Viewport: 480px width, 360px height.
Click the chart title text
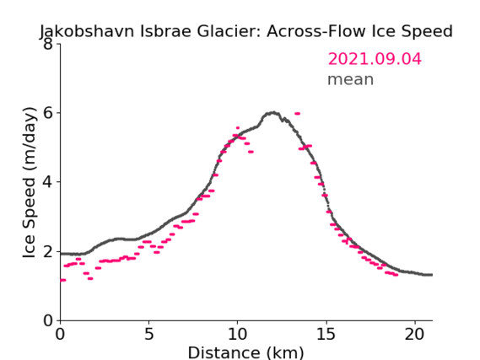pyautogui.click(x=245, y=32)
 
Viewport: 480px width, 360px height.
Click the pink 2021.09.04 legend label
pyautogui.click(x=375, y=59)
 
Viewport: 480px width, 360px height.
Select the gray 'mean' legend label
pyautogui.click(x=351, y=79)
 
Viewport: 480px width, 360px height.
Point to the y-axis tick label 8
pyautogui.click(x=48, y=44)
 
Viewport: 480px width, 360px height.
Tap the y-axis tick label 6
pyautogui.click(x=48, y=113)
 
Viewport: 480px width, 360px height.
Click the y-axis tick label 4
pyautogui.click(x=48, y=182)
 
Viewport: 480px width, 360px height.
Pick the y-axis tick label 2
pyautogui.click(x=48, y=251)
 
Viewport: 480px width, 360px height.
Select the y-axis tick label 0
pyautogui.click(x=48, y=321)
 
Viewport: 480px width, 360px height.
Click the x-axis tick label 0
pyautogui.click(x=60, y=335)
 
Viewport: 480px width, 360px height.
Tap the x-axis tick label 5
pyautogui.click(x=148, y=335)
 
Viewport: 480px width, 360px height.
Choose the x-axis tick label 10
pyautogui.click(x=238, y=335)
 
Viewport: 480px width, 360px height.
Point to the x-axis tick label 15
pyautogui.click(x=326, y=335)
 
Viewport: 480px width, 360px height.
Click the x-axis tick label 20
pyautogui.click(x=415, y=335)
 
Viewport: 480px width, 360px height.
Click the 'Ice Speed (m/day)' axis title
pyautogui.click(x=30, y=183)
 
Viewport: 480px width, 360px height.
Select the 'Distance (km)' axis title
pyautogui.click(x=245, y=352)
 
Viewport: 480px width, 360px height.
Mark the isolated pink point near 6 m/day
pyautogui.click(x=297, y=114)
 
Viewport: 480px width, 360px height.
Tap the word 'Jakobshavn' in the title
pyautogui.click(x=87, y=32)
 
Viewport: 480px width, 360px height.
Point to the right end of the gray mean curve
pyautogui.click(x=432, y=275)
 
